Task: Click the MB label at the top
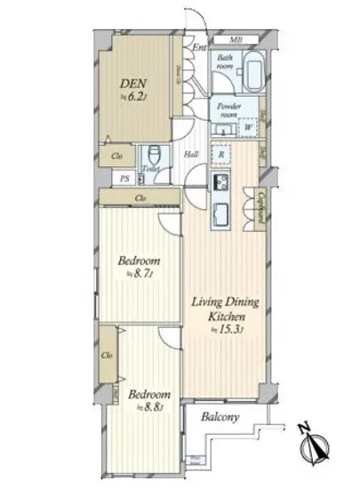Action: click(x=236, y=40)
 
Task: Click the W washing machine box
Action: click(x=248, y=127)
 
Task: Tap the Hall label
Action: click(x=190, y=155)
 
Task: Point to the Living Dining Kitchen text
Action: click(x=226, y=309)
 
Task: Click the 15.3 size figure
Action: click(x=231, y=331)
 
